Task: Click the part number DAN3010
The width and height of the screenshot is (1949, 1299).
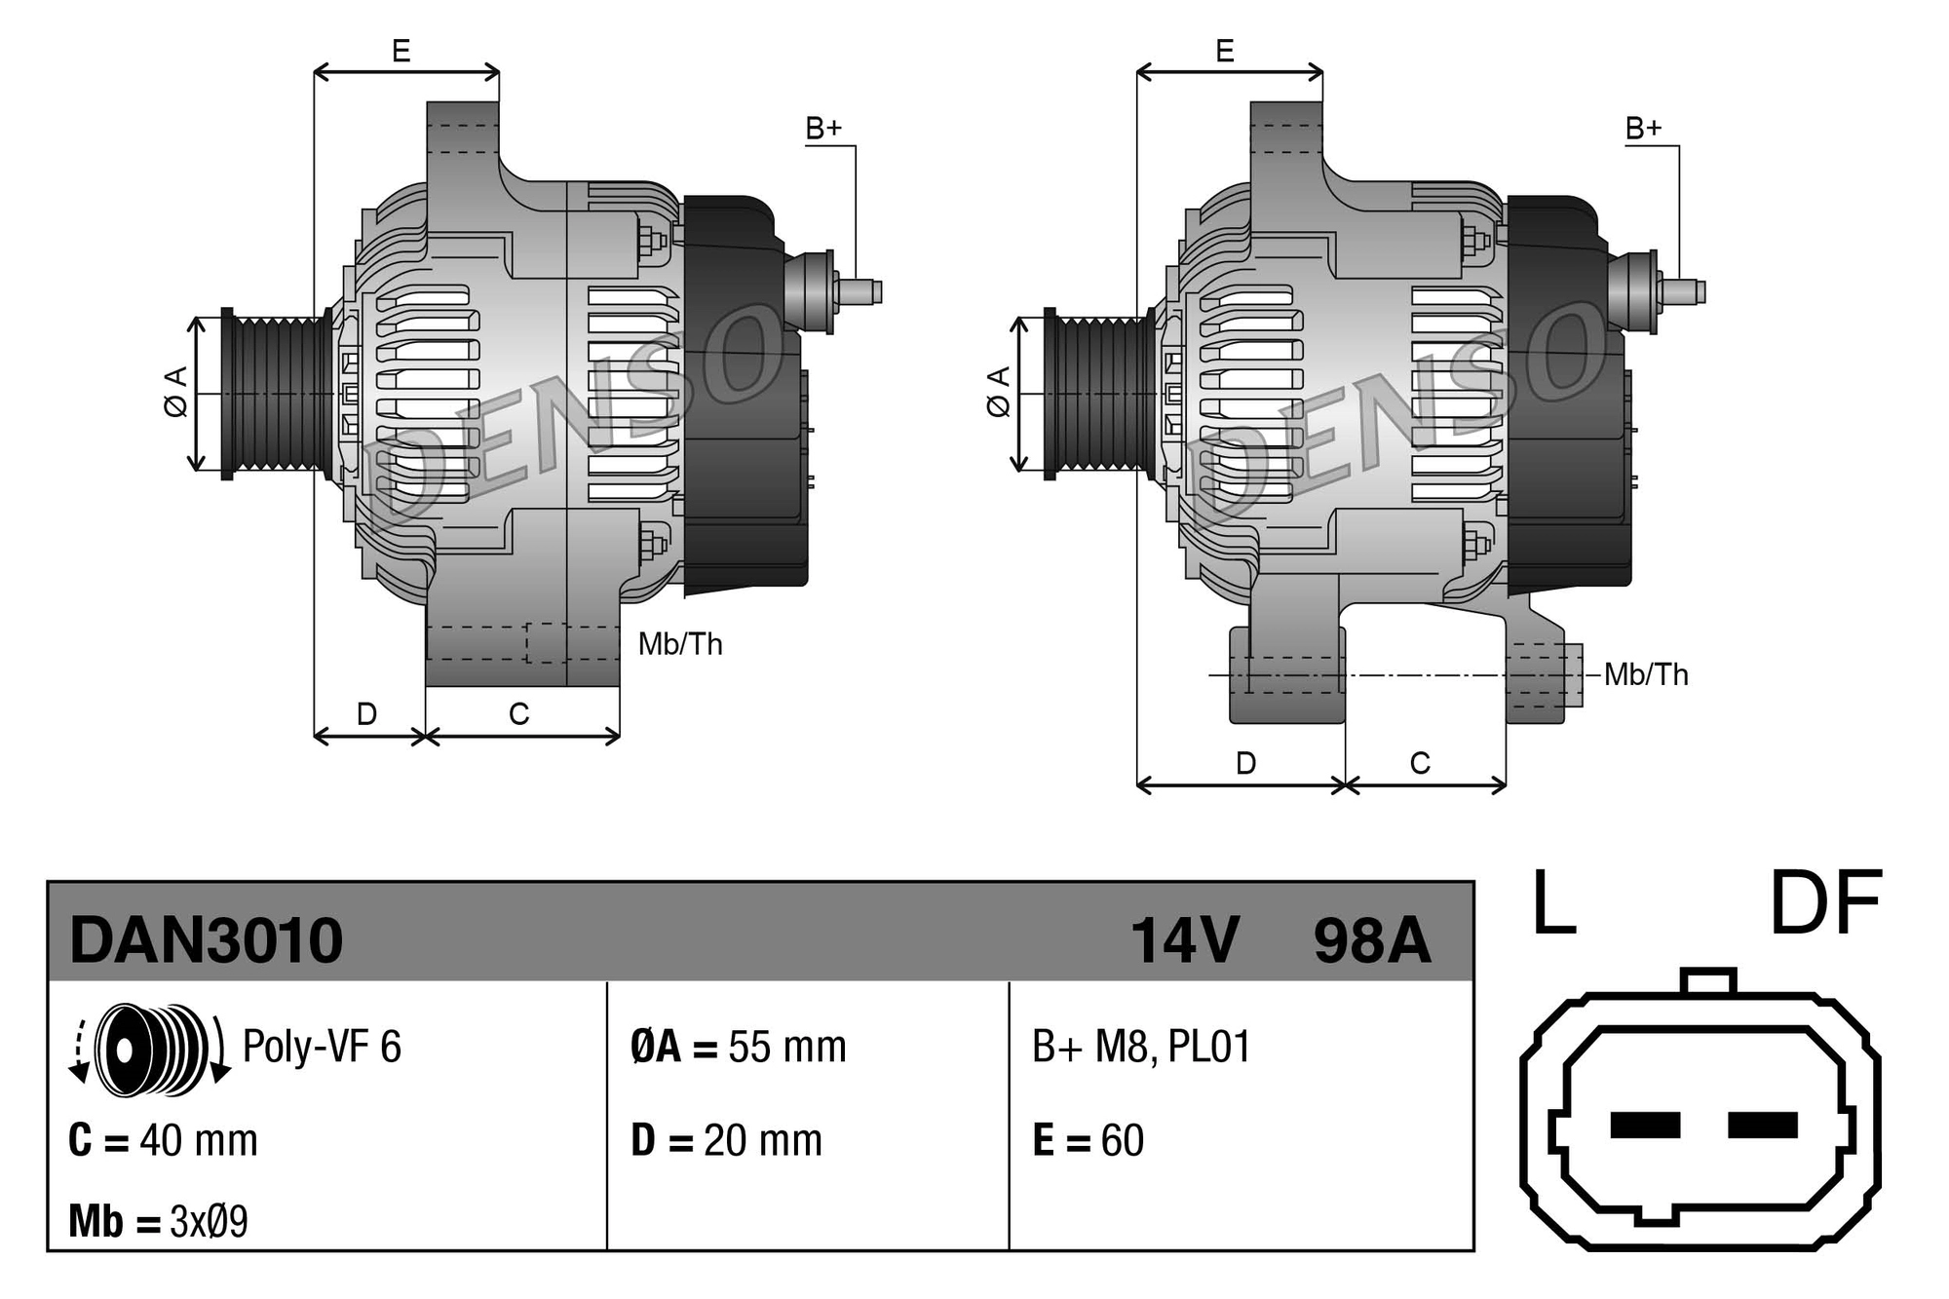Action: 206,940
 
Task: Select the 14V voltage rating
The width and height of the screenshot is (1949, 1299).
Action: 1184,940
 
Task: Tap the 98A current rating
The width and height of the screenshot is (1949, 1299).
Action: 1371,940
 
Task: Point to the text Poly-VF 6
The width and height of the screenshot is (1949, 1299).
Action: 322,1047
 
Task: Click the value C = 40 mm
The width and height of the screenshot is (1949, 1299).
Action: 163,1140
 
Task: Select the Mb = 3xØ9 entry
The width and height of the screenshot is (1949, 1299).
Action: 158,1221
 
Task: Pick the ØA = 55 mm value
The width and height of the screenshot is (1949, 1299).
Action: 738,1047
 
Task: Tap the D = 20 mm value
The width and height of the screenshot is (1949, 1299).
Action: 726,1140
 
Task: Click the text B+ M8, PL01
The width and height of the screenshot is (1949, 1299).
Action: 1140,1047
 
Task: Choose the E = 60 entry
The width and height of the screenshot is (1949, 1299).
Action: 1088,1140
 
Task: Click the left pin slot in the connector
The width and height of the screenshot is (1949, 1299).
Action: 1645,1125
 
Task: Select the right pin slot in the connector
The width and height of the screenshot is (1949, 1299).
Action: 1762,1125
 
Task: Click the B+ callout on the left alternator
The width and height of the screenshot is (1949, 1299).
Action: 823,129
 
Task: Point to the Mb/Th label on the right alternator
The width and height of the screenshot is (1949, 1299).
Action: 1645,674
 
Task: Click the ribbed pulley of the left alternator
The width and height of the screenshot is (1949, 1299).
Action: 278,395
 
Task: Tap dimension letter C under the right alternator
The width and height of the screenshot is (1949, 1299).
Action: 1420,763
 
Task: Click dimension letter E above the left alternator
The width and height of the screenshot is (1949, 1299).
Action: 401,51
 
